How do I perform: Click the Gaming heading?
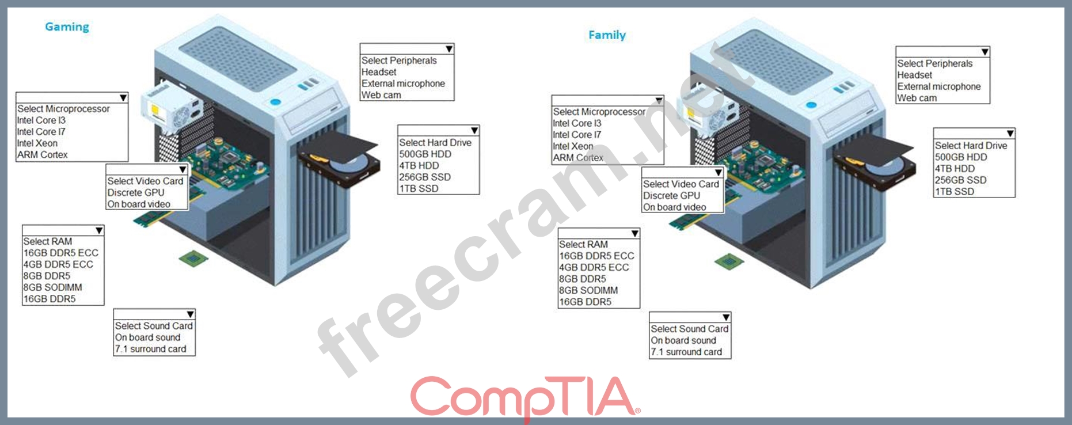coord(67,27)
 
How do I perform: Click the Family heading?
coord(607,35)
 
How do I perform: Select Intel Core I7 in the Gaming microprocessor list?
coord(41,132)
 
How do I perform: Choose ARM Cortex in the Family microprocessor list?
coord(578,158)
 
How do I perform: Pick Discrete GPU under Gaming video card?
coord(136,193)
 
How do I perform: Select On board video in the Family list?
coord(674,207)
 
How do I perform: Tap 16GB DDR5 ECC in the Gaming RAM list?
coord(60,253)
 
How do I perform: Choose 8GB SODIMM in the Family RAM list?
coord(588,290)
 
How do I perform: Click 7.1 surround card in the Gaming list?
coord(150,349)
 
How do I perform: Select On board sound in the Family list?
coord(683,340)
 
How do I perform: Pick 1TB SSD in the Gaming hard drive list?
coord(419,188)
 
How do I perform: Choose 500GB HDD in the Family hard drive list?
coord(961,157)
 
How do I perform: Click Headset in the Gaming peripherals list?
coord(379,72)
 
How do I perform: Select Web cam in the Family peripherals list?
coord(917,98)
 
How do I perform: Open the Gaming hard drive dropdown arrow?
coord(474,131)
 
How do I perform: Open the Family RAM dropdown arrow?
coord(634,233)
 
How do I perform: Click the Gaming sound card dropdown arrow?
coord(190,314)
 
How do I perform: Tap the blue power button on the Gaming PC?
coord(275,103)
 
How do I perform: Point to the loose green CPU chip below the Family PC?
coord(729,261)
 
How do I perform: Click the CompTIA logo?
coord(524,396)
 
